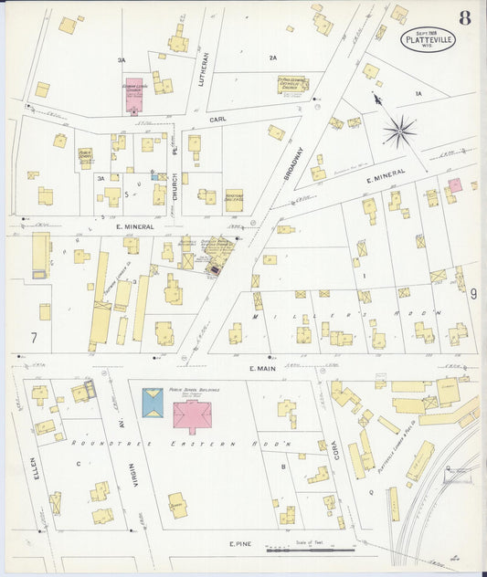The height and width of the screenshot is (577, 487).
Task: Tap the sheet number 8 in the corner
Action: [x=465, y=18]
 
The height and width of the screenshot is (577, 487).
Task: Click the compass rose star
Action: [x=399, y=131]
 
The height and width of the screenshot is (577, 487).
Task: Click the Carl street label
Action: [x=217, y=120]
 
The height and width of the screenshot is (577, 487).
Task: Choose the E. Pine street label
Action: [x=239, y=544]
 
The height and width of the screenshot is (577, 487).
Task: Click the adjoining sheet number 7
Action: [x=34, y=338]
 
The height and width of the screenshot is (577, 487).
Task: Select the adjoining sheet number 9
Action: [x=473, y=294]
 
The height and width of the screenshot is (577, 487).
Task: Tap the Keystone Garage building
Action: [x=234, y=200]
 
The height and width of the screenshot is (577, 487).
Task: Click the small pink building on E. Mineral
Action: [x=454, y=185]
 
